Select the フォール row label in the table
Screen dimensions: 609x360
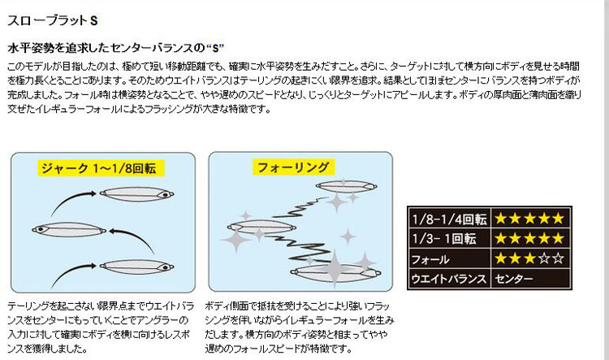[430, 259]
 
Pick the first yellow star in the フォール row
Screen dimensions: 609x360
[501, 259]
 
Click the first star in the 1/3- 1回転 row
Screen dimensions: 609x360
[501, 239]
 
